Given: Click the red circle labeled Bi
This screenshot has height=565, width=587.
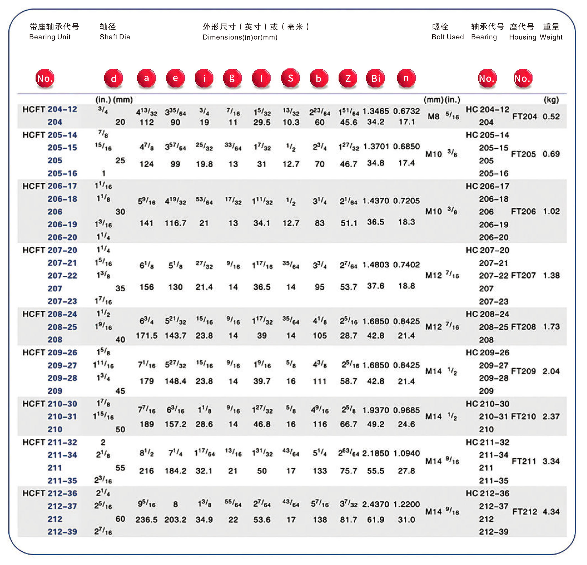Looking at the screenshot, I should [375, 78].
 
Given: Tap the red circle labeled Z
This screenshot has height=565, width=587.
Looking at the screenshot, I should [348, 78].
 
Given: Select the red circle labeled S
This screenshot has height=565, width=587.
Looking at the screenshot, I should [290, 78].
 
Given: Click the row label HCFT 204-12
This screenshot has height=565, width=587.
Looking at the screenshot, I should [50, 109].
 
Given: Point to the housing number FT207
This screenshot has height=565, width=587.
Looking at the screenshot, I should [523, 275].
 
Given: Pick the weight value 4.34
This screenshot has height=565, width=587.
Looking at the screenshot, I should [551, 511].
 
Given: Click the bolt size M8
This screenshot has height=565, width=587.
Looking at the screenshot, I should [433, 116].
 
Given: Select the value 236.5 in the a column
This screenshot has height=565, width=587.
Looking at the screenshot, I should [146, 519].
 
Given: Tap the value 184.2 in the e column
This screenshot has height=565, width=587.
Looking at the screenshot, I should [176, 470].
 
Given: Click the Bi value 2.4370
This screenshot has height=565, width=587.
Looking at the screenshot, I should [376, 504].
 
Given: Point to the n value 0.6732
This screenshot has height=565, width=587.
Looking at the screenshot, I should [406, 111].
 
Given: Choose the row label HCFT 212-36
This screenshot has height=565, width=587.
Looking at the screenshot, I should [50, 493].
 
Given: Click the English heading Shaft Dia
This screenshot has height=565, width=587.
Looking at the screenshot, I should [115, 37].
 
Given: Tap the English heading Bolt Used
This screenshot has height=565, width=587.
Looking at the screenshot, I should [448, 37].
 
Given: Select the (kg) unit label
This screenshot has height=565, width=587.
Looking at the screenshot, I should [551, 100].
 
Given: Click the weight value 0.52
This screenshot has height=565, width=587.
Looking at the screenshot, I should [551, 116].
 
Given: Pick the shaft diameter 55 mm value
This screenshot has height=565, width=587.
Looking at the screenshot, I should [120, 468].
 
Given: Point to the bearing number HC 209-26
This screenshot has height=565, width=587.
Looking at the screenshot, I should [487, 352].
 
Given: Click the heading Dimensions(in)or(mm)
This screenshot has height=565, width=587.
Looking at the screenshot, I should [240, 37].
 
